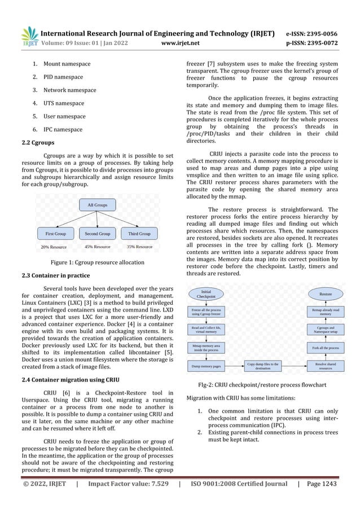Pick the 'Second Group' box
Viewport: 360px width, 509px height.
[97, 233]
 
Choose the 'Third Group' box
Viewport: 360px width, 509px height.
[139, 233]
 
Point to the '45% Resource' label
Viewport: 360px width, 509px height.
[97, 247]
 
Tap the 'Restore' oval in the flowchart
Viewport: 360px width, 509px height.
[326, 294]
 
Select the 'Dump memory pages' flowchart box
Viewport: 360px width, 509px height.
[206, 367]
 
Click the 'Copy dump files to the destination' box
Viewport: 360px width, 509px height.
[266, 367]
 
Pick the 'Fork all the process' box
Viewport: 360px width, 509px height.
[326, 348]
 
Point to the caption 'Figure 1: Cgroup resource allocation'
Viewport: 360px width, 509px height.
[97, 262]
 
